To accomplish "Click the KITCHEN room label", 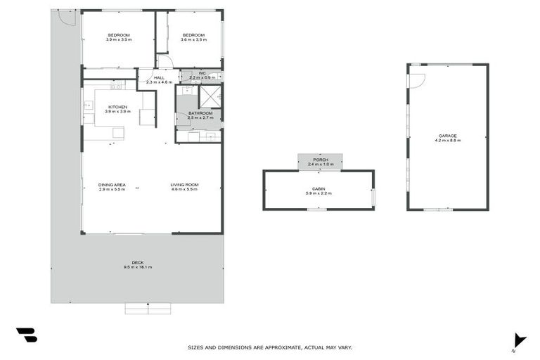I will point(117,107).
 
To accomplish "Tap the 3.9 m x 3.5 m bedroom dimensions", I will point(118,40).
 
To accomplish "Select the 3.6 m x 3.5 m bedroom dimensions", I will point(193,40).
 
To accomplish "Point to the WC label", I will point(201,72).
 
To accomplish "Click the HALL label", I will point(159,78).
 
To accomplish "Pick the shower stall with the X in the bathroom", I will point(210,96).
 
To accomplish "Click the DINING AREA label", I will point(111,185).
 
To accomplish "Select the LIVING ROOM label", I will point(184,185).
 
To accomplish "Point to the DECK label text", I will point(137,262).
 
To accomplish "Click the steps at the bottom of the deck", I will point(148,308).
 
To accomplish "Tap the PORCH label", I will point(321,160).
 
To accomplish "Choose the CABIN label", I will point(318,188).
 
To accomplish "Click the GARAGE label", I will point(447,136).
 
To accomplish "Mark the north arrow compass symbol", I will point(519,340).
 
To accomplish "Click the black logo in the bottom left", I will point(27,335).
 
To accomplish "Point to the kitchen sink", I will point(89,105).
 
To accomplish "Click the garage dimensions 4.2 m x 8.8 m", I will point(447,141).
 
